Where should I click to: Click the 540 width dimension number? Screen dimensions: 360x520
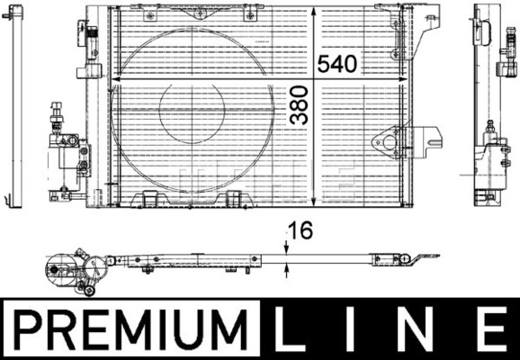tap(337, 63)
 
